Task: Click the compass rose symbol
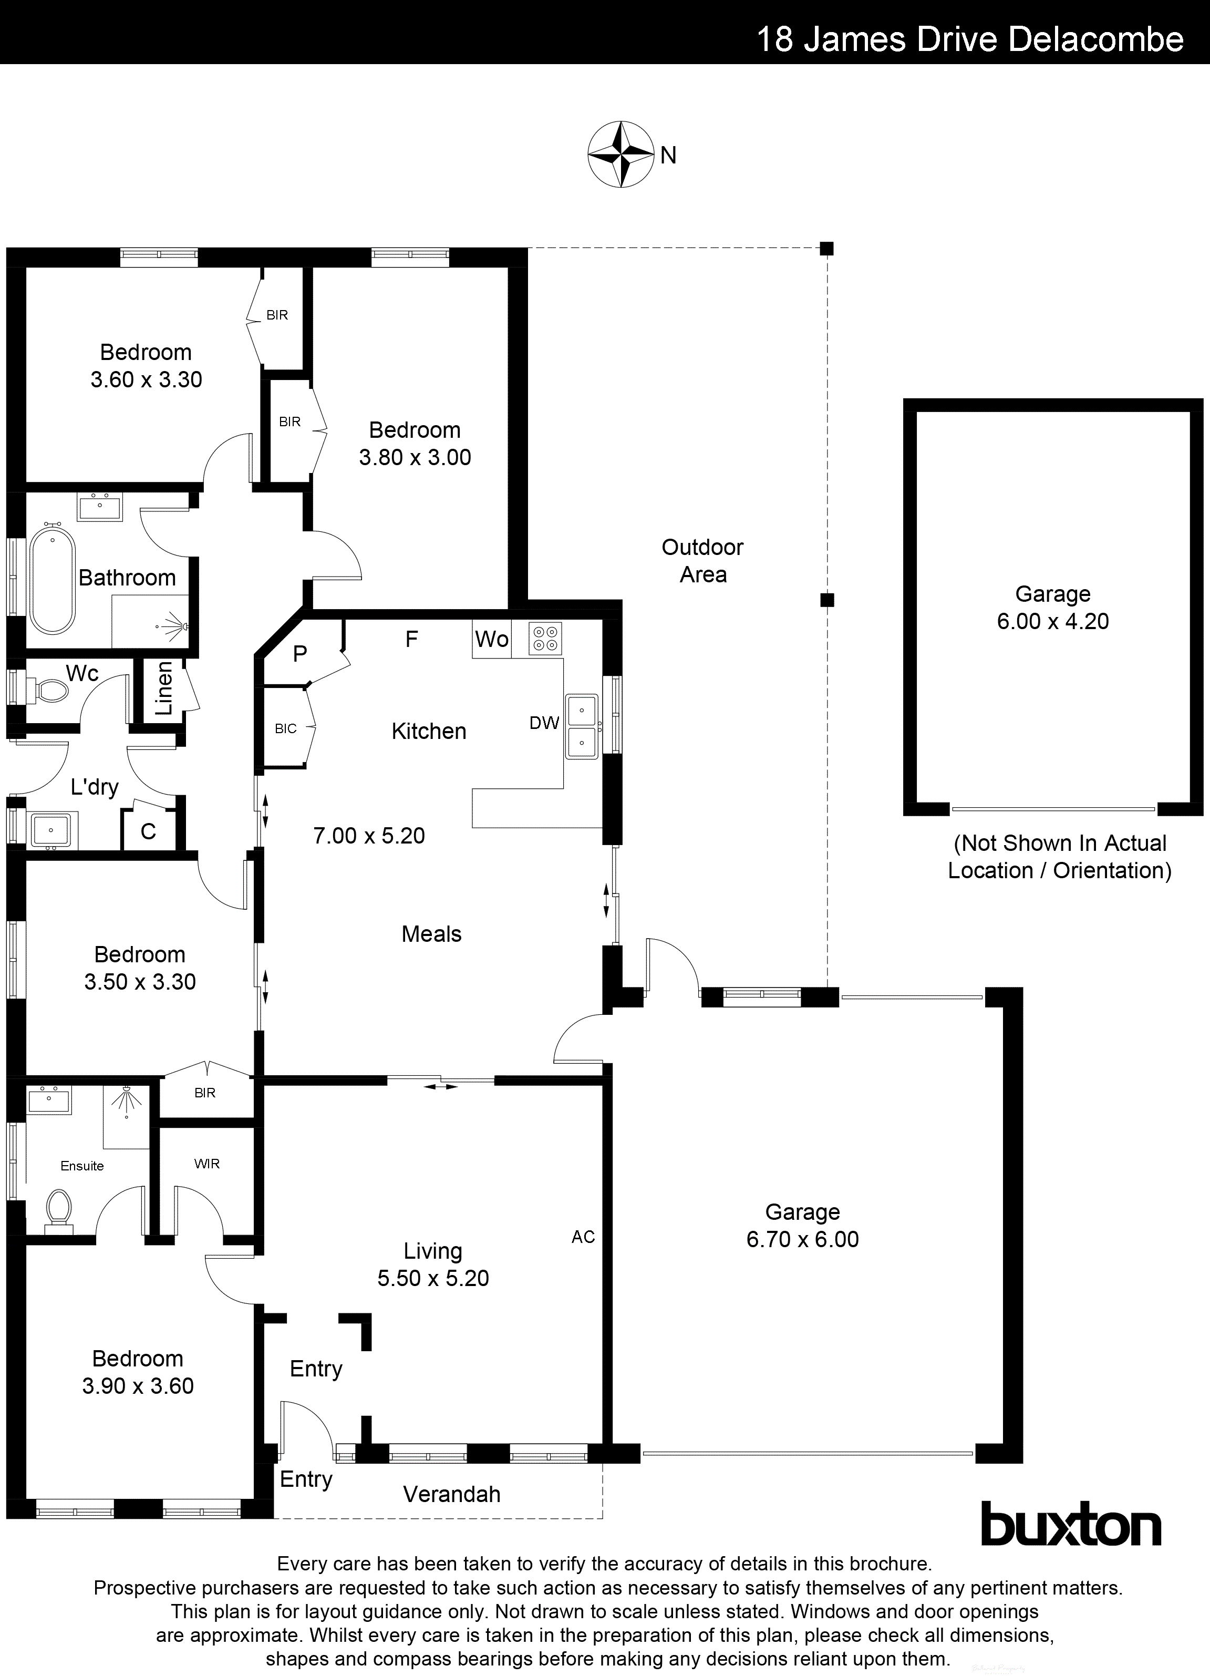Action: point(620,155)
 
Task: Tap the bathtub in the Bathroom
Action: point(53,577)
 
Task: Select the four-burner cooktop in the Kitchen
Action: point(546,639)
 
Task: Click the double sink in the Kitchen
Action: point(582,726)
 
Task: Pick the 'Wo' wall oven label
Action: point(491,639)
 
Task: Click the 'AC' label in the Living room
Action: point(583,1237)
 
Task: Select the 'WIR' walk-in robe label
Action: point(207,1164)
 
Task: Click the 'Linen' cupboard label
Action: point(164,688)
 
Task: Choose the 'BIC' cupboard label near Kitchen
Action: point(285,728)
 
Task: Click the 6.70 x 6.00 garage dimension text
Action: point(802,1239)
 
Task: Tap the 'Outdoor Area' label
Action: point(702,561)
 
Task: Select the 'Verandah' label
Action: point(451,1494)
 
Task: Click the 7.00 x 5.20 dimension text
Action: point(369,836)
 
